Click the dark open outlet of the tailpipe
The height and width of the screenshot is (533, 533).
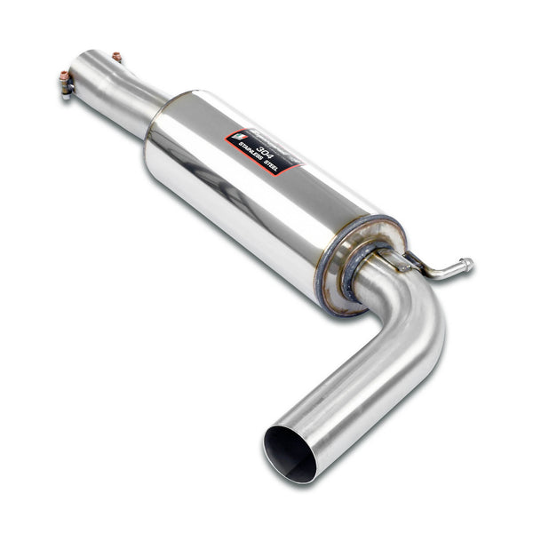[290, 453]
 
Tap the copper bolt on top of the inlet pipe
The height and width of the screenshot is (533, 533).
[115, 57]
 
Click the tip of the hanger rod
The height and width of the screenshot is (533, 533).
[467, 264]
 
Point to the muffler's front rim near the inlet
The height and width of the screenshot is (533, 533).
[160, 120]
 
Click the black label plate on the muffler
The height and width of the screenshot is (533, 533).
[263, 151]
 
